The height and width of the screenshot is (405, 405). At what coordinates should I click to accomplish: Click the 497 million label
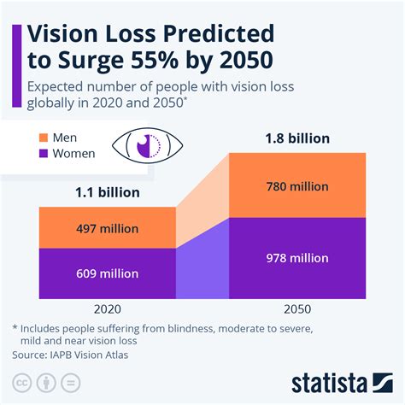(107, 229)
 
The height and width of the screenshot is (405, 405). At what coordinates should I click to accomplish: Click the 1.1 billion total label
(107, 193)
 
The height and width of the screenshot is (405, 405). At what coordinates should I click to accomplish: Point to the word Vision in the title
(67, 35)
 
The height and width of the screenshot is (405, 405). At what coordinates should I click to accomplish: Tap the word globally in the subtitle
(56, 104)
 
